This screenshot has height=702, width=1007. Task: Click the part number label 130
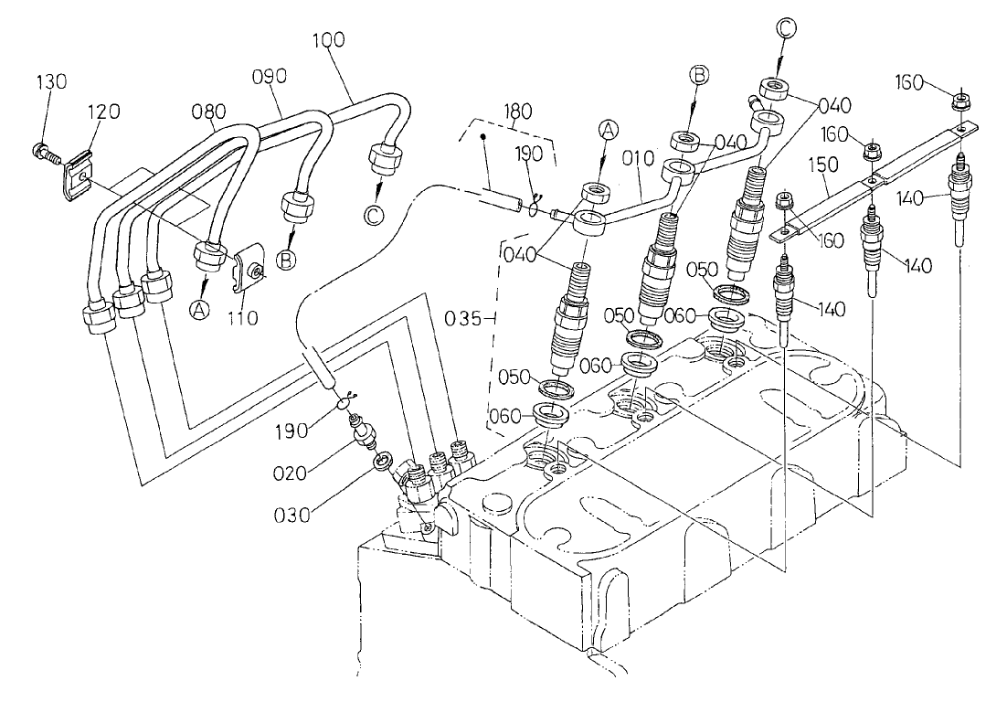[52, 81]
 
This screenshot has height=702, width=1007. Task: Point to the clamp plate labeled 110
[246, 269]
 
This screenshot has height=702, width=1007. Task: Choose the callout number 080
[209, 112]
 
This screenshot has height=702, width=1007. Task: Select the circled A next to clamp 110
[199, 310]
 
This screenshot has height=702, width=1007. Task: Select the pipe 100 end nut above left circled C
[382, 157]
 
